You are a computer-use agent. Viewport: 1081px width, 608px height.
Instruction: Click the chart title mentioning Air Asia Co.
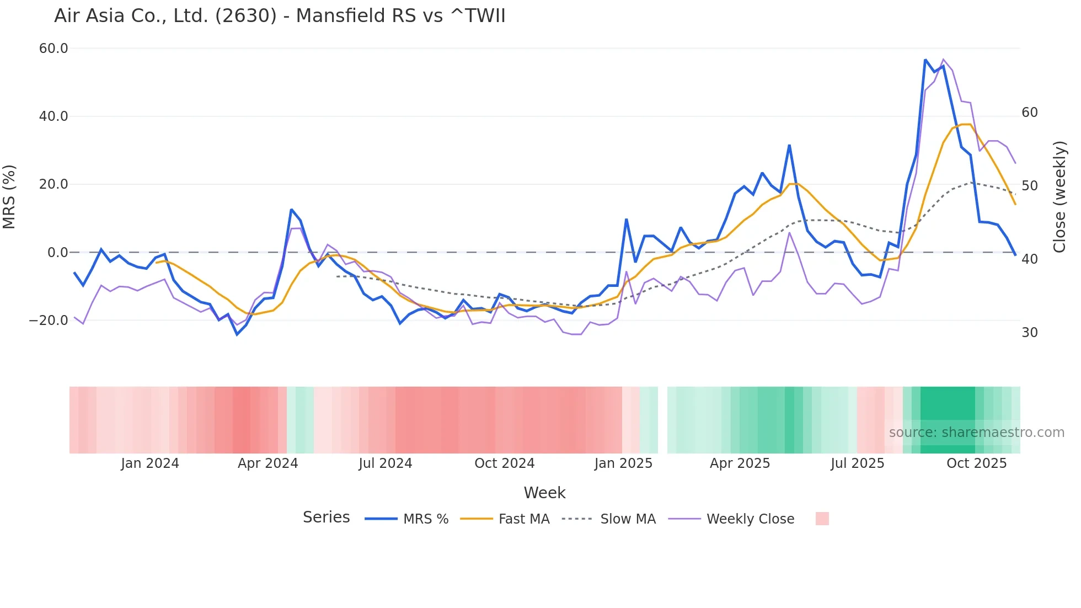click(x=280, y=16)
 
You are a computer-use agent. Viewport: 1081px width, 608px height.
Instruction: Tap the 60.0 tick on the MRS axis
click(x=53, y=49)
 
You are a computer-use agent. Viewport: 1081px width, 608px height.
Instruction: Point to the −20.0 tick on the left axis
click(x=49, y=321)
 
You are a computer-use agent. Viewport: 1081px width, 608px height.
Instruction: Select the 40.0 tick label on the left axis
click(x=53, y=116)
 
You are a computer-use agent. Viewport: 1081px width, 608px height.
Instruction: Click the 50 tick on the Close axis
click(x=1029, y=186)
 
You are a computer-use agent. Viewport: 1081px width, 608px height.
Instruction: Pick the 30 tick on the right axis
click(x=1029, y=333)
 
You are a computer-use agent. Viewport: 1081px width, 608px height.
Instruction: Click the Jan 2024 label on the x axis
click(x=150, y=463)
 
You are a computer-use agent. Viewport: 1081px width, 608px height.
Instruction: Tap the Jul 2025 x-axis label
click(x=857, y=463)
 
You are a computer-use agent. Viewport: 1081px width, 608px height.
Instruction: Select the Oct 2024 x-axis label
click(x=504, y=463)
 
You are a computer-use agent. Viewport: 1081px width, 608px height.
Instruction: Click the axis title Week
click(x=544, y=493)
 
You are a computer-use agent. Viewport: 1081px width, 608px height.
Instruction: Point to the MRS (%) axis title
click(x=9, y=197)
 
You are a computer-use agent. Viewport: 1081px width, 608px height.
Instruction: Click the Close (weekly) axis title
click(x=1059, y=197)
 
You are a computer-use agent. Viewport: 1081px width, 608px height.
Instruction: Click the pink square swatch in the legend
click(x=822, y=519)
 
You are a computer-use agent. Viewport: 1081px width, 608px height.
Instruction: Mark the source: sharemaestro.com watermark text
click(x=976, y=433)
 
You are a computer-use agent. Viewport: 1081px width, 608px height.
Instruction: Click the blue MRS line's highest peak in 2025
click(x=925, y=60)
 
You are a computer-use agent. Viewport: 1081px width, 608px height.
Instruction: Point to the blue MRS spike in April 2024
click(x=291, y=210)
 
